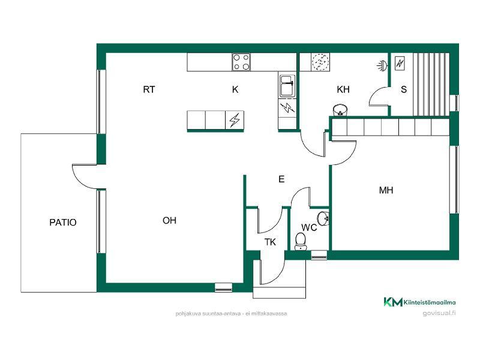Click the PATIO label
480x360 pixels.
tap(63, 222)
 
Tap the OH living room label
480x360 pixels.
tap(169, 220)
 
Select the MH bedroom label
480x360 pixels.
tap(386, 190)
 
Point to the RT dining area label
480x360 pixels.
tap(149, 89)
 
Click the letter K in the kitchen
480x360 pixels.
tap(235, 89)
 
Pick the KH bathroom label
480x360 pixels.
tap(343, 89)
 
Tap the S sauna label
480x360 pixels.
tap(404, 89)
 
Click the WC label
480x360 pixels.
tap(309, 227)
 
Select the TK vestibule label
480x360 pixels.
tap(270, 242)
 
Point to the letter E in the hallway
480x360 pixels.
tap(281, 179)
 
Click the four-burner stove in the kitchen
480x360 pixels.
tap(241, 62)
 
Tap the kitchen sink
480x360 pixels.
tap(287, 86)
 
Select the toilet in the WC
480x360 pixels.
tap(301, 242)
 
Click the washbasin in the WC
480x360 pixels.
tap(323, 218)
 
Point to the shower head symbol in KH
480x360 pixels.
tap(382, 65)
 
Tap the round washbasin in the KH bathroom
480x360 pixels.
tap(340, 110)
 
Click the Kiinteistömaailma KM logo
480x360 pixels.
tap(419, 302)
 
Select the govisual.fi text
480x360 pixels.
tap(439, 313)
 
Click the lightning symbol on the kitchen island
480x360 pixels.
tap(235, 119)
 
